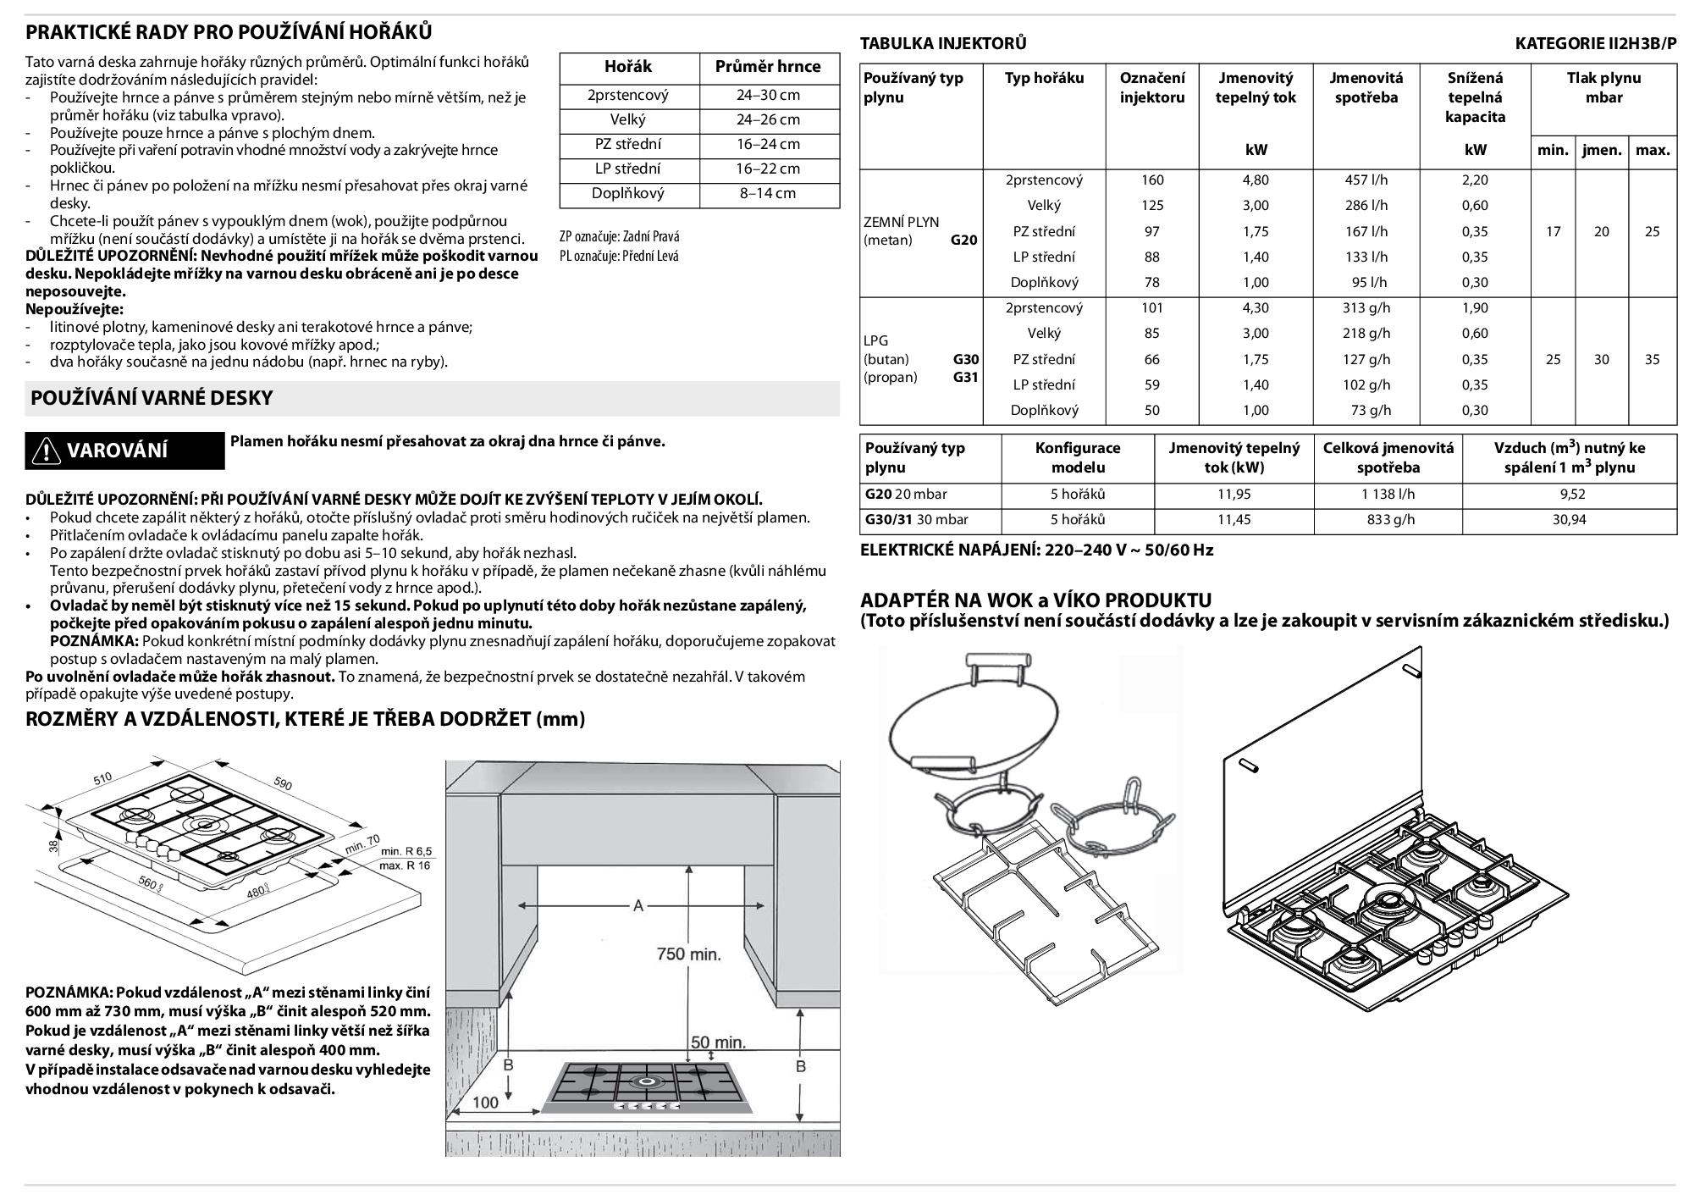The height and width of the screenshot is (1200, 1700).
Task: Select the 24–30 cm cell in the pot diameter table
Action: pos(768,95)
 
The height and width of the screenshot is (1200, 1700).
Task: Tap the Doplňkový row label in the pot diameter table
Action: pos(627,193)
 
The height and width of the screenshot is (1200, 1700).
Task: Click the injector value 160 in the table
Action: pos(1152,180)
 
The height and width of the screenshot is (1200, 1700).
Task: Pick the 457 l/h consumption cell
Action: pos(1366,180)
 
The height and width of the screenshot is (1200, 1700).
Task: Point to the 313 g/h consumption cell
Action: pos(1366,308)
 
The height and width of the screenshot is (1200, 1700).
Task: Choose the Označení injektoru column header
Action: pos(1152,87)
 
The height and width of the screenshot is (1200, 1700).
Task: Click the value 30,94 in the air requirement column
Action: pos(1569,520)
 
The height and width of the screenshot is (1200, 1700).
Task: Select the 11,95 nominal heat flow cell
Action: pos(1234,495)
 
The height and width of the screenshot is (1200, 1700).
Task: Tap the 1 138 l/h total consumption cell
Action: pos(1388,495)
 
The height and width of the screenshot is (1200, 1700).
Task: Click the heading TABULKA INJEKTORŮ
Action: pos(943,43)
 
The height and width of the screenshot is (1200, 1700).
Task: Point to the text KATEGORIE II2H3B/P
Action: pos(1595,43)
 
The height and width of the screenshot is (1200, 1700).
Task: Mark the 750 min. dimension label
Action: pos(689,954)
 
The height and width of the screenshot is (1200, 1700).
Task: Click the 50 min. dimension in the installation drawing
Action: pos(718,1042)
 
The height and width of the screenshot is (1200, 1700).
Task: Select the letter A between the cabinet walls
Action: pos(638,906)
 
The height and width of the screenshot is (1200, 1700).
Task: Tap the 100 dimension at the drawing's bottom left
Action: pos(485,1103)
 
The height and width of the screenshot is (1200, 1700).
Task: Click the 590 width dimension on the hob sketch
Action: pos(283,784)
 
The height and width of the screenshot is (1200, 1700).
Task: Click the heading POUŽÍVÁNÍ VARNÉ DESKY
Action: pos(152,398)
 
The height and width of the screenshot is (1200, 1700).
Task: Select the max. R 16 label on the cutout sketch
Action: pos(405,865)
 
